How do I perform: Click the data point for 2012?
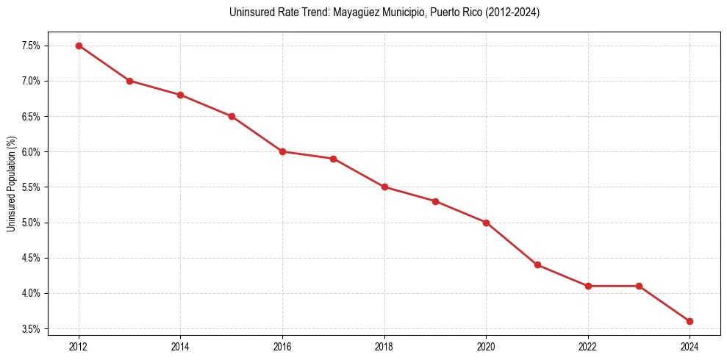(79, 46)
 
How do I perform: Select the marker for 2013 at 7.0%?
(129, 81)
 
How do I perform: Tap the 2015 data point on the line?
(232, 116)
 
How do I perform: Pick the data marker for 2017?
(333, 159)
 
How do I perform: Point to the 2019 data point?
(435, 201)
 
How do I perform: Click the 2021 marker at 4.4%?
(537, 264)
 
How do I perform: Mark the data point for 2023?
(639, 286)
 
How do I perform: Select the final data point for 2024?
(690, 321)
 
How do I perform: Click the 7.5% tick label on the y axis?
(30, 46)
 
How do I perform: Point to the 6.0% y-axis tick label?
(30, 152)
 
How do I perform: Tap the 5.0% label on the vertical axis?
(30, 223)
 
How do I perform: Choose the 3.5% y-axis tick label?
(30, 328)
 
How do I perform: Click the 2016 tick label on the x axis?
(282, 345)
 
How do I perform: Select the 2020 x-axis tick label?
(486, 345)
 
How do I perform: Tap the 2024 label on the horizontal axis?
(690, 345)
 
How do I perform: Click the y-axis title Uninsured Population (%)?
(11, 184)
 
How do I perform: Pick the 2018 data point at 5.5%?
(384, 187)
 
